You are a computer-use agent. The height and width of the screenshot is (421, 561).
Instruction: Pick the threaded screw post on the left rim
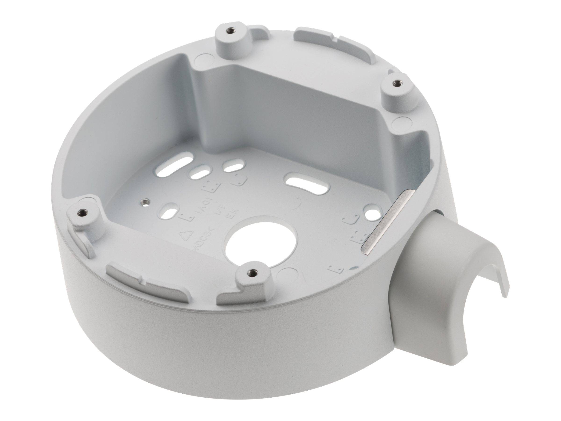pyautogui.click(x=82, y=211)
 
